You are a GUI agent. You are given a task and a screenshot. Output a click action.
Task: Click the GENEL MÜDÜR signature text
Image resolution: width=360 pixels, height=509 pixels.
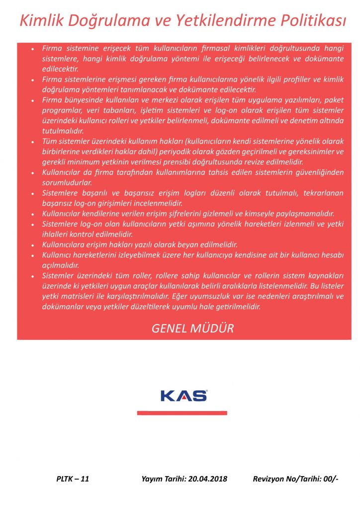(x=192, y=329)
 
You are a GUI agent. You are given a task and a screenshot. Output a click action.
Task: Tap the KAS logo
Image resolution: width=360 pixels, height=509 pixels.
(x=184, y=396)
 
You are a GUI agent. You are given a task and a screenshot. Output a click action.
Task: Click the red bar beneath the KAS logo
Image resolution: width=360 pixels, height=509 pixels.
(x=182, y=413)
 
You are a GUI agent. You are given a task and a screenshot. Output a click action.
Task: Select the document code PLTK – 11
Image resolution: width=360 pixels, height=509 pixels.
(x=73, y=479)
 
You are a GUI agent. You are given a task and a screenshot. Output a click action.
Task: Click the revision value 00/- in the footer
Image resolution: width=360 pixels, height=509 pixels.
(x=330, y=479)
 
